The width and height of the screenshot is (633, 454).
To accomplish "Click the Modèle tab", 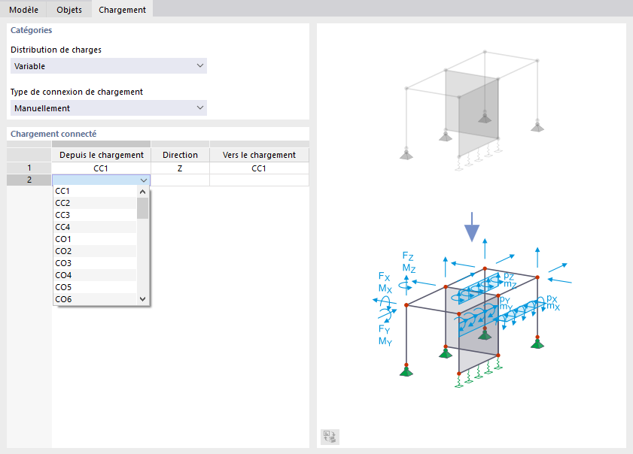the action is click(x=23, y=9).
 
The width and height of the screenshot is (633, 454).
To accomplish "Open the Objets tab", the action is click(x=69, y=9).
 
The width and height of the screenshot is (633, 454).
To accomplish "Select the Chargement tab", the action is click(x=123, y=9).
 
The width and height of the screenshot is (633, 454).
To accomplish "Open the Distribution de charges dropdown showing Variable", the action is click(x=108, y=65).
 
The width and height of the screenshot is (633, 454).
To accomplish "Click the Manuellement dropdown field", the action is click(x=108, y=107).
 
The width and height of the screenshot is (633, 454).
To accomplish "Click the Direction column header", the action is click(x=180, y=155).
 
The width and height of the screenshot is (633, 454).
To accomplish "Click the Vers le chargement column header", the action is click(x=259, y=155).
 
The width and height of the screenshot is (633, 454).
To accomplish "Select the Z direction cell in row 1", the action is click(x=180, y=168).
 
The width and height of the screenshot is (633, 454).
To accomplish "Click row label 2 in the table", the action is click(x=29, y=180).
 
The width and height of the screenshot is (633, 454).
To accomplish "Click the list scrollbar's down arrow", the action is click(x=142, y=298).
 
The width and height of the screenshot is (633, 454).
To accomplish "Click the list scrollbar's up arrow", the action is click(x=142, y=192).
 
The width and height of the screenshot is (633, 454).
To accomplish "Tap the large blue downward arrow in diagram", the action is click(x=472, y=227).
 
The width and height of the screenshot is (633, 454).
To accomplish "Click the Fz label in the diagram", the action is click(x=408, y=256).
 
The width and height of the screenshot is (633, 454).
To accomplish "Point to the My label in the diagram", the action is click(x=385, y=341).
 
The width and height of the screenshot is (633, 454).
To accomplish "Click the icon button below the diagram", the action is click(x=330, y=437).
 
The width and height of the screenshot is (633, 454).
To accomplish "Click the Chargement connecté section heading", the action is click(x=53, y=134).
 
